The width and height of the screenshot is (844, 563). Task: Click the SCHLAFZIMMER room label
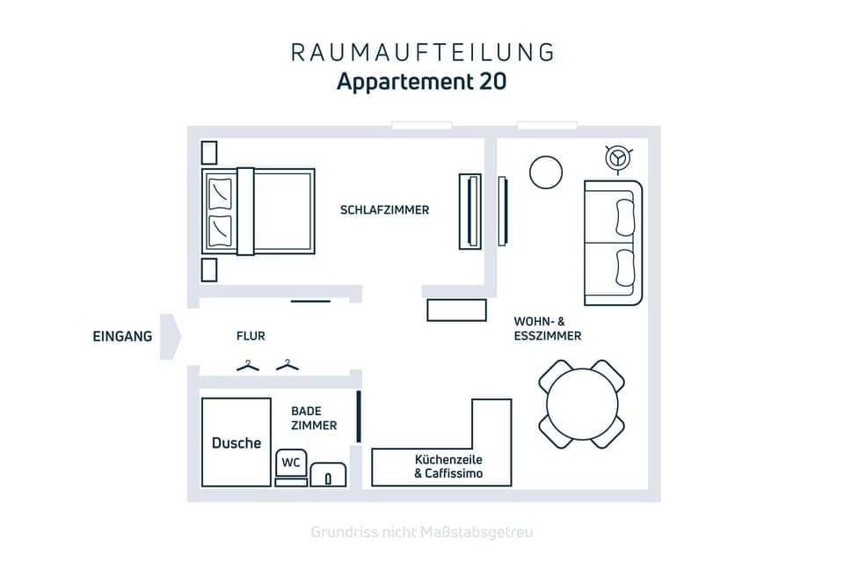[x=384, y=210]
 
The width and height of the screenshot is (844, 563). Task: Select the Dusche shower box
[x=236, y=442]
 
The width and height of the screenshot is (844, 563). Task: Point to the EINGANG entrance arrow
[x=171, y=336]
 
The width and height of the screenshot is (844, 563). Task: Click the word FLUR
[x=251, y=336]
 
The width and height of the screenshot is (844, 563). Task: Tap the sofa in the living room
[x=613, y=243]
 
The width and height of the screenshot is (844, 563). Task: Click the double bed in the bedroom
[x=259, y=211]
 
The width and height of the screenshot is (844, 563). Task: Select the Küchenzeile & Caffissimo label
[x=448, y=467]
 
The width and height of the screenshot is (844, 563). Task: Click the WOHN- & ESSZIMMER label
[x=548, y=328]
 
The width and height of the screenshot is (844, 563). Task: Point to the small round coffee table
[x=545, y=172]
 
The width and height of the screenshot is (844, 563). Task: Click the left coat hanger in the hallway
[x=248, y=365]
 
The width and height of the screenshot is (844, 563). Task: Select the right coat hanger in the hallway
[x=287, y=365]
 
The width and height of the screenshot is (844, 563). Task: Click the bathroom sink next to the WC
[x=329, y=475]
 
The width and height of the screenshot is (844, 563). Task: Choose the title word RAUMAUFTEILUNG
[x=422, y=52]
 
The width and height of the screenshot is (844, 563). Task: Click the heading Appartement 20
[x=422, y=82]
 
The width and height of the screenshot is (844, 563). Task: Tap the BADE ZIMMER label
[x=314, y=418]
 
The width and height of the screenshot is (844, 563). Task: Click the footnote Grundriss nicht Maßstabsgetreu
[x=422, y=532]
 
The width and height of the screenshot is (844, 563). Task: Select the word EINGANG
[x=122, y=336]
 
